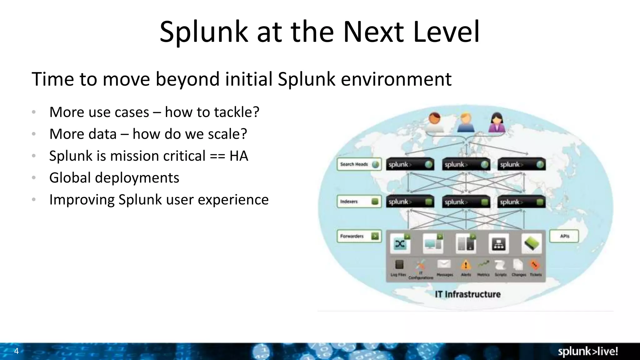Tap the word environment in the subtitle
[396, 79]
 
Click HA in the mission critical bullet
[239, 156]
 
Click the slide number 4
[17, 351]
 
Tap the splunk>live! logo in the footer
[588, 352]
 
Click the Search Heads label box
[359, 164]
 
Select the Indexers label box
[359, 202]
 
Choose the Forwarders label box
[359, 236]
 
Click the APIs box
[564, 236]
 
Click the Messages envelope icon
[444, 264]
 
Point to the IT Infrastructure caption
[467, 294]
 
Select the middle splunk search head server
[466, 164]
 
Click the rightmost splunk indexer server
[521, 202]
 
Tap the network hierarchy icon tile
[498, 244]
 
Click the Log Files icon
[399, 265]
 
